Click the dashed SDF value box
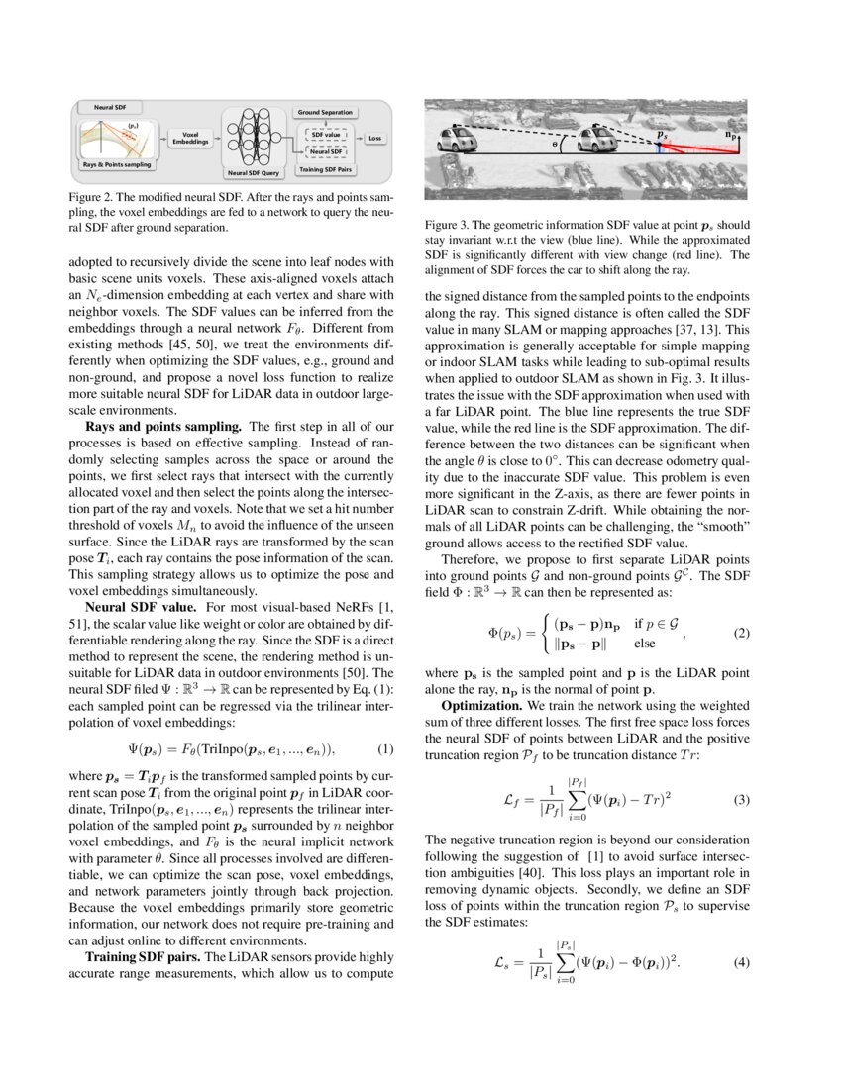click(x=325, y=133)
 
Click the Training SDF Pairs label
click(x=325, y=170)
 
